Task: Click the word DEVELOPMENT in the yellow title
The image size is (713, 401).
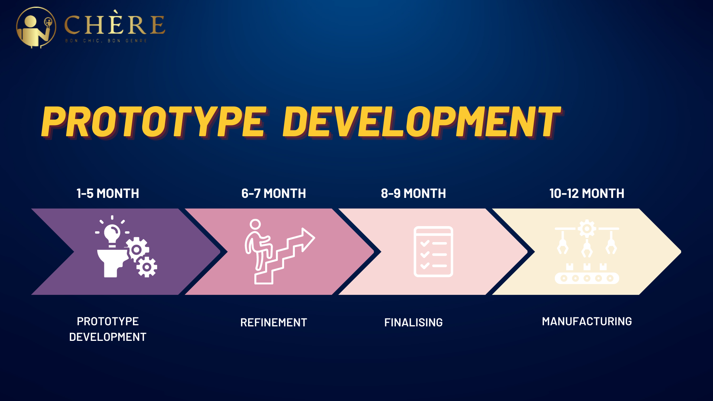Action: [x=421, y=122]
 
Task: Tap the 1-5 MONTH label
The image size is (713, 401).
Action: [x=108, y=193]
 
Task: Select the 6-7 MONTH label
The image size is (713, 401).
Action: [x=274, y=193]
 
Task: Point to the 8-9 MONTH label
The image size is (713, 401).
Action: [x=413, y=193]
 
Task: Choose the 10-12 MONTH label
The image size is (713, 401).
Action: [x=587, y=193]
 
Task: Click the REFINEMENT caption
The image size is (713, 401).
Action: [x=274, y=322]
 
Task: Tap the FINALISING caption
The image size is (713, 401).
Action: [x=413, y=322]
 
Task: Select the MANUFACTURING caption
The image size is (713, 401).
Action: [x=587, y=321]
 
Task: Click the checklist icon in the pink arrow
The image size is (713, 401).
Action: [x=433, y=251]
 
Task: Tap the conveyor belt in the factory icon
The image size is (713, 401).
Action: [x=587, y=278]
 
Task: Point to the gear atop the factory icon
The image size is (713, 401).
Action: [x=587, y=229]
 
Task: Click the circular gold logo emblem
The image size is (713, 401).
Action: [x=36, y=27]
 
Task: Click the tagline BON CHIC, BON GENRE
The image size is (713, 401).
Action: [x=106, y=41]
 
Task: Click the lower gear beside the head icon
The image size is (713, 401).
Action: [x=147, y=267]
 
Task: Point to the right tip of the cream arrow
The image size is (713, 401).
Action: [x=681, y=252]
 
